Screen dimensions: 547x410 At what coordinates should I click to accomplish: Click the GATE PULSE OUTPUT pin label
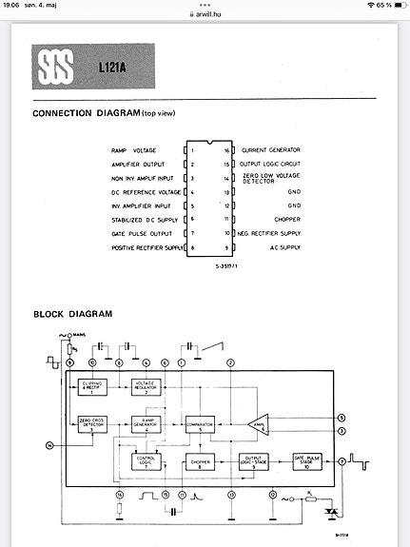141,233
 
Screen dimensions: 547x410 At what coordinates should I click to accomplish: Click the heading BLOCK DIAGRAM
72,314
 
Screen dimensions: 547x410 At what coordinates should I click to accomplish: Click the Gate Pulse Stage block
308,463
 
